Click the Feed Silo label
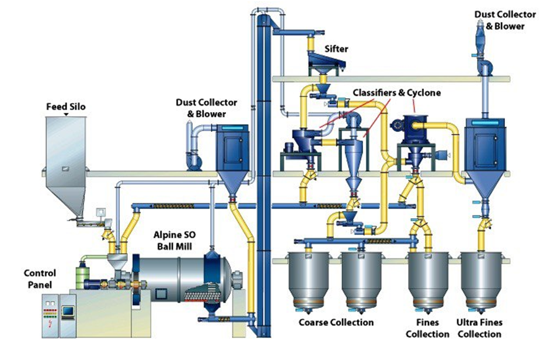[x=66, y=106]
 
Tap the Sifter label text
[x=336, y=49]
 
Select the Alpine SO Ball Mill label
[x=175, y=240]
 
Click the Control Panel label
[x=40, y=279]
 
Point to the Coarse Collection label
[x=336, y=323]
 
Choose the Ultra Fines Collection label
[x=479, y=328]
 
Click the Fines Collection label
[x=427, y=328]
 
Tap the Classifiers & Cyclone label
[x=397, y=93]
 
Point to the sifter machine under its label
[x=326, y=62]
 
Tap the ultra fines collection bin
[x=480, y=281]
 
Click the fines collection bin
[x=428, y=281]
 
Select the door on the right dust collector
[x=485, y=150]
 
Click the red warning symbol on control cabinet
[x=51, y=323]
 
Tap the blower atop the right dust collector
[x=485, y=67]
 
